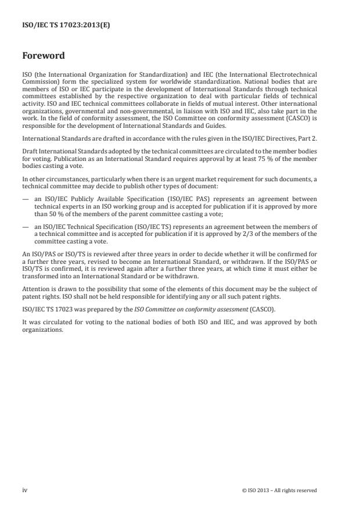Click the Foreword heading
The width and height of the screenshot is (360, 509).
(44, 56)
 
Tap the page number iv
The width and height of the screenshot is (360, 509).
(25, 490)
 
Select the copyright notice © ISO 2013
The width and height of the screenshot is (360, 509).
(279, 490)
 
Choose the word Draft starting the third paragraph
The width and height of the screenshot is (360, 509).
(30, 166)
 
